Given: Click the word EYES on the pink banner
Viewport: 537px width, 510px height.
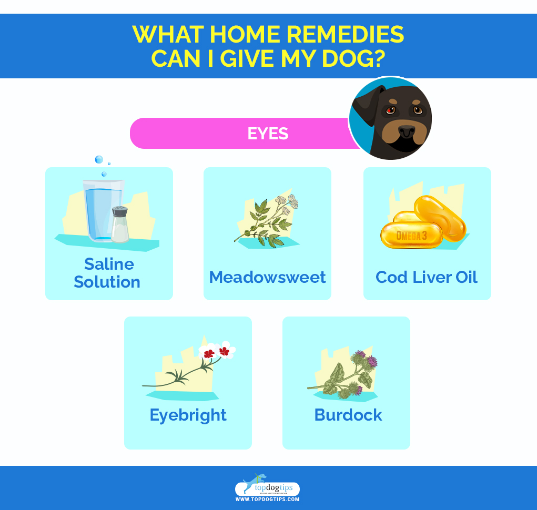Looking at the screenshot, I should [x=268, y=134].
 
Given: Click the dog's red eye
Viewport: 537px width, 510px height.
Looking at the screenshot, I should [x=390, y=110].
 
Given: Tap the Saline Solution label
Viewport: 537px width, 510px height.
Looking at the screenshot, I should [x=107, y=273].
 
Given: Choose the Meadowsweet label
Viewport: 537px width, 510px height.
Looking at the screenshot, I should [x=267, y=277].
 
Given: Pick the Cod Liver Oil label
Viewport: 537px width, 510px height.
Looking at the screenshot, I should [x=427, y=277].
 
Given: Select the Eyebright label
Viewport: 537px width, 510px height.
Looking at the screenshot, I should [x=188, y=415].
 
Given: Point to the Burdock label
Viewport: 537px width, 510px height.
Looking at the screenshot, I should [x=348, y=415].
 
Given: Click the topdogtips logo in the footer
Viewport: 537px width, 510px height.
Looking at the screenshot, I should [x=267, y=486].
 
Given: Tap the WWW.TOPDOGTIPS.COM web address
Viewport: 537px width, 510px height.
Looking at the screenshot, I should [x=267, y=499].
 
